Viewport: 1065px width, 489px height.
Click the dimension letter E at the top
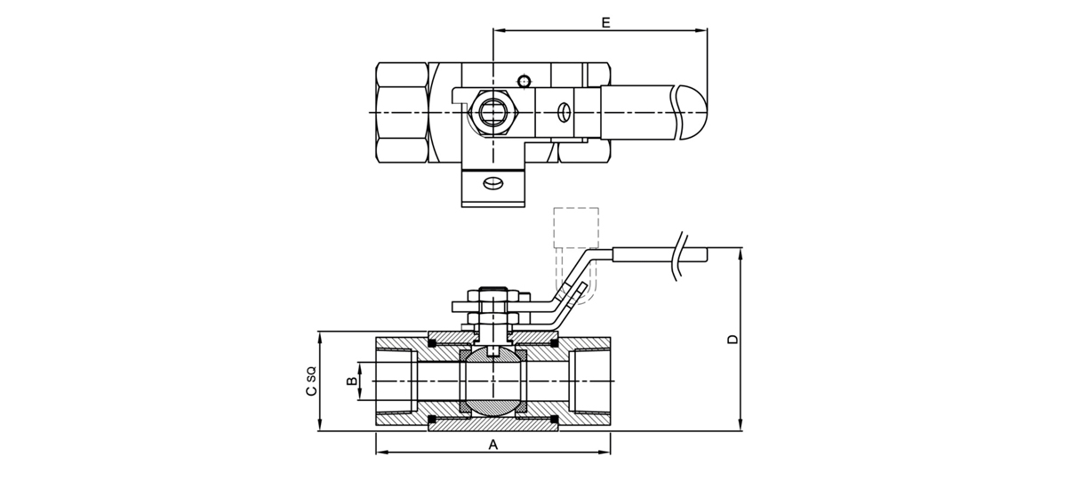point(605,22)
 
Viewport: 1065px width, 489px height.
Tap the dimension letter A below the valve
point(493,444)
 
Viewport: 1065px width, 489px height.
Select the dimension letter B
point(352,381)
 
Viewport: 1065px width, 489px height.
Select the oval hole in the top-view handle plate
point(563,112)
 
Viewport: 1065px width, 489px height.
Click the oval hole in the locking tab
point(492,184)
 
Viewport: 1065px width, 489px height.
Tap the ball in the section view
point(493,381)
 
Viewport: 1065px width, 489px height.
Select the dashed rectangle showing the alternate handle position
point(575,227)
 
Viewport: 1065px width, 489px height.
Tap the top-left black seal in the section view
point(433,342)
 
